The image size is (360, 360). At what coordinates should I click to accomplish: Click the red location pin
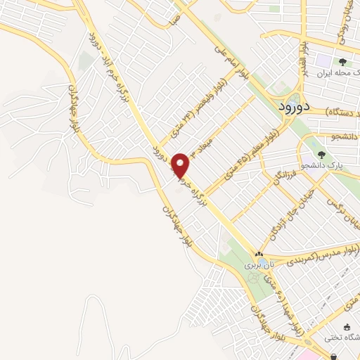[x=181, y=164]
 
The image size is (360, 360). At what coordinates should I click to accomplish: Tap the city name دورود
[x=285, y=108]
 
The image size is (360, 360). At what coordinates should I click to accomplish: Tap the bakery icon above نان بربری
[x=259, y=255]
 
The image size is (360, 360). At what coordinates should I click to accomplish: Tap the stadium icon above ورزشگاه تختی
[x=347, y=327]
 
